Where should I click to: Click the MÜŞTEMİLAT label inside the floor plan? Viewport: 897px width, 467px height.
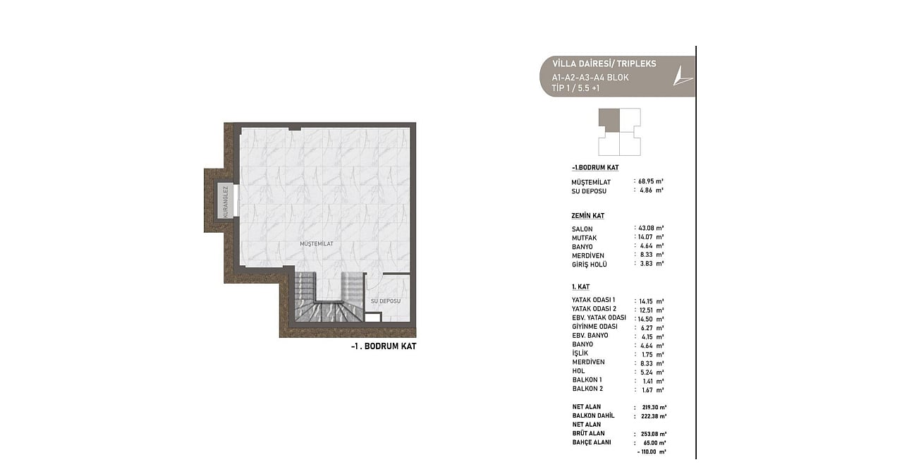pyautogui.click(x=317, y=243)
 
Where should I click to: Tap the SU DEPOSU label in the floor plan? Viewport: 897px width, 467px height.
pyautogui.click(x=386, y=301)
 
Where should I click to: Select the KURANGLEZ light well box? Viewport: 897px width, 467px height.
pyautogui.click(x=226, y=202)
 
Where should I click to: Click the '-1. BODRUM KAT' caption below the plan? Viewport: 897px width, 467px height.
pyautogui.click(x=384, y=346)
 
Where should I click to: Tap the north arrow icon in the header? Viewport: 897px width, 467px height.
pyautogui.click(x=681, y=77)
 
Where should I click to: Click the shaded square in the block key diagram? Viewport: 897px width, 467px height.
pyautogui.click(x=609, y=119)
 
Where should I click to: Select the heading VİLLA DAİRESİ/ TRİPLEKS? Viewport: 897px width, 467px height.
pyautogui.click(x=604, y=63)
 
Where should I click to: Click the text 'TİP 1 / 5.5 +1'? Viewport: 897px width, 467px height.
pyautogui.click(x=575, y=88)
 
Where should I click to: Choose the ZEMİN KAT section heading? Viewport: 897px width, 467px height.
pyautogui.click(x=587, y=215)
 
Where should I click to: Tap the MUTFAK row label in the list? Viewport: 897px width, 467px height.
pyautogui.click(x=585, y=238)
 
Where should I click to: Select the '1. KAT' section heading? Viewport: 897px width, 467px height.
pyautogui.click(x=580, y=287)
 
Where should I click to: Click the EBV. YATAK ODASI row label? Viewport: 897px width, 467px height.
pyautogui.click(x=599, y=317)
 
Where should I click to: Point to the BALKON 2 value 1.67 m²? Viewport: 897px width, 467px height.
pyautogui.click(x=652, y=389)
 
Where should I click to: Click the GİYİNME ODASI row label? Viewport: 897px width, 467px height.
pyautogui.click(x=594, y=327)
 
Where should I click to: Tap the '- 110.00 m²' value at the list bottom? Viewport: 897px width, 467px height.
pyautogui.click(x=652, y=451)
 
